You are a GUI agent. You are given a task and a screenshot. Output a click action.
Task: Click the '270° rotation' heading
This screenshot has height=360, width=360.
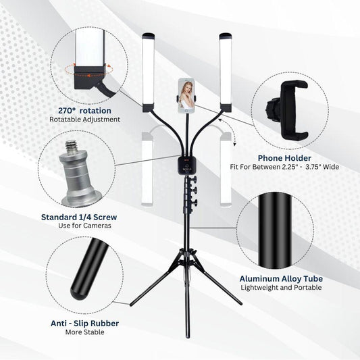click(x=84, y=111)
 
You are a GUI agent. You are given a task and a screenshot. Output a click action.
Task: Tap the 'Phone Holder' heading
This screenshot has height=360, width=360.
click(x=284, y=158)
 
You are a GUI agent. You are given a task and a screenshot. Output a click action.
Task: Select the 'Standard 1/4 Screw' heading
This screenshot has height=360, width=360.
click(x=79, y=217)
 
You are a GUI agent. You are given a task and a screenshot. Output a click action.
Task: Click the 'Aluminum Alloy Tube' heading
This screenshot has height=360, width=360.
click(x=281, y=279)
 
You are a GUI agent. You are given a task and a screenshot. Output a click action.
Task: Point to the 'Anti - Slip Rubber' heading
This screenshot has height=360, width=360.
click(x=84, y=324)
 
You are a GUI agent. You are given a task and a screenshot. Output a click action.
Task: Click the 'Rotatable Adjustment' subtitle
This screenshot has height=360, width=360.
click(x=84, y=120)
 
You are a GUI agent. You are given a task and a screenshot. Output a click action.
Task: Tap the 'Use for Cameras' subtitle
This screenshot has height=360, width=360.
click(x=84, y=226)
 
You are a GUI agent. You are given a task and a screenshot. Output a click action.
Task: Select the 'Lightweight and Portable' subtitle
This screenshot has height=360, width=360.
click(x=281, y=288)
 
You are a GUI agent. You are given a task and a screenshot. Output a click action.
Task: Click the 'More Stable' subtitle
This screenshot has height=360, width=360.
click(x=84, y=332)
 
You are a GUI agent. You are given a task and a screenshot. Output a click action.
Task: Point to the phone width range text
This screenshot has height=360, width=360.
click(x=284, y=167)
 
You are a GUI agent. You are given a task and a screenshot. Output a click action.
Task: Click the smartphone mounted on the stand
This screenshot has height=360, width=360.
click(x=186, y=96)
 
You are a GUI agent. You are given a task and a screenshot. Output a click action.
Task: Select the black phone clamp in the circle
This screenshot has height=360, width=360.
click(x=289, y=110)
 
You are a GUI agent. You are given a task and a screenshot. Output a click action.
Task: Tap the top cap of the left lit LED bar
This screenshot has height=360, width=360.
click(x=149, y=36)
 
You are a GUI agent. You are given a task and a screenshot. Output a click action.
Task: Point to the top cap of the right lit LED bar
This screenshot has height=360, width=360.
click(x=226, y=36)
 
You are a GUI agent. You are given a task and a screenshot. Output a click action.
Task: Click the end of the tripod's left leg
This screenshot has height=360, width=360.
click(x=131, y=305)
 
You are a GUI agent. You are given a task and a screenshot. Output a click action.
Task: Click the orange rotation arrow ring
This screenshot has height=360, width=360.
click(x=88, y=70)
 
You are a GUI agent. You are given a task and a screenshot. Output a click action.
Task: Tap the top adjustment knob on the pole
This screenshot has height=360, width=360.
click(x=194, y=179)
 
